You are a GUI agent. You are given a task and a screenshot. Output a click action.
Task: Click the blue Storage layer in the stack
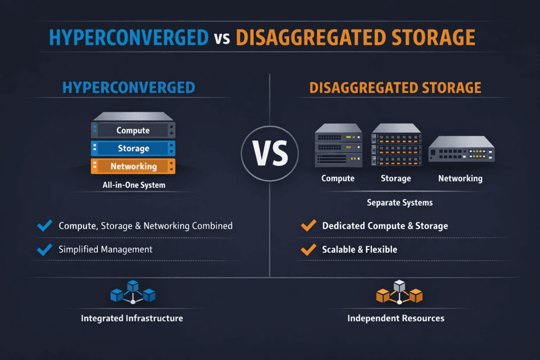pos(133,148)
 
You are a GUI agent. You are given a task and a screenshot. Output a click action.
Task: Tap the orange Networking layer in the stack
pos(133,166)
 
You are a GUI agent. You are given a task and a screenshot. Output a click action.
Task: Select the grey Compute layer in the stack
pos(133,130)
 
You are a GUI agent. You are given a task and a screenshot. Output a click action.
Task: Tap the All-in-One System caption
pos(133,185)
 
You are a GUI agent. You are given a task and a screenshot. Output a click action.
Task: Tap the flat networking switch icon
pos(460,149)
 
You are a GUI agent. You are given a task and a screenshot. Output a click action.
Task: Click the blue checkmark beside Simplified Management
pos(45,249)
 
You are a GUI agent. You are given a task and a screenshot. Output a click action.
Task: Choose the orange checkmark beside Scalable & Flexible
pos(307,249)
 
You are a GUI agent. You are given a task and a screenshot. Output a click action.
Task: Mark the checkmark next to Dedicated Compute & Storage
pos(307,226)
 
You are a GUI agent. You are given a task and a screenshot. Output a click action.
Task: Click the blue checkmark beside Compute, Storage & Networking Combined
pos(45,226)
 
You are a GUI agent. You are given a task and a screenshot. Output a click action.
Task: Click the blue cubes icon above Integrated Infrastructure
pos(132,292)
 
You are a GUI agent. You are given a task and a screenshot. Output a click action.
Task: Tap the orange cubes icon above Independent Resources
pos(399,292)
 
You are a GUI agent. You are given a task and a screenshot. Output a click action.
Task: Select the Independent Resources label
pos(396,318)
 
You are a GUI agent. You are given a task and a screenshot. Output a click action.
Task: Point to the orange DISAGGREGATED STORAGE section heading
pos(395,87)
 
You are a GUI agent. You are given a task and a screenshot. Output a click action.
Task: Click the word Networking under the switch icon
pos(460,178)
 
